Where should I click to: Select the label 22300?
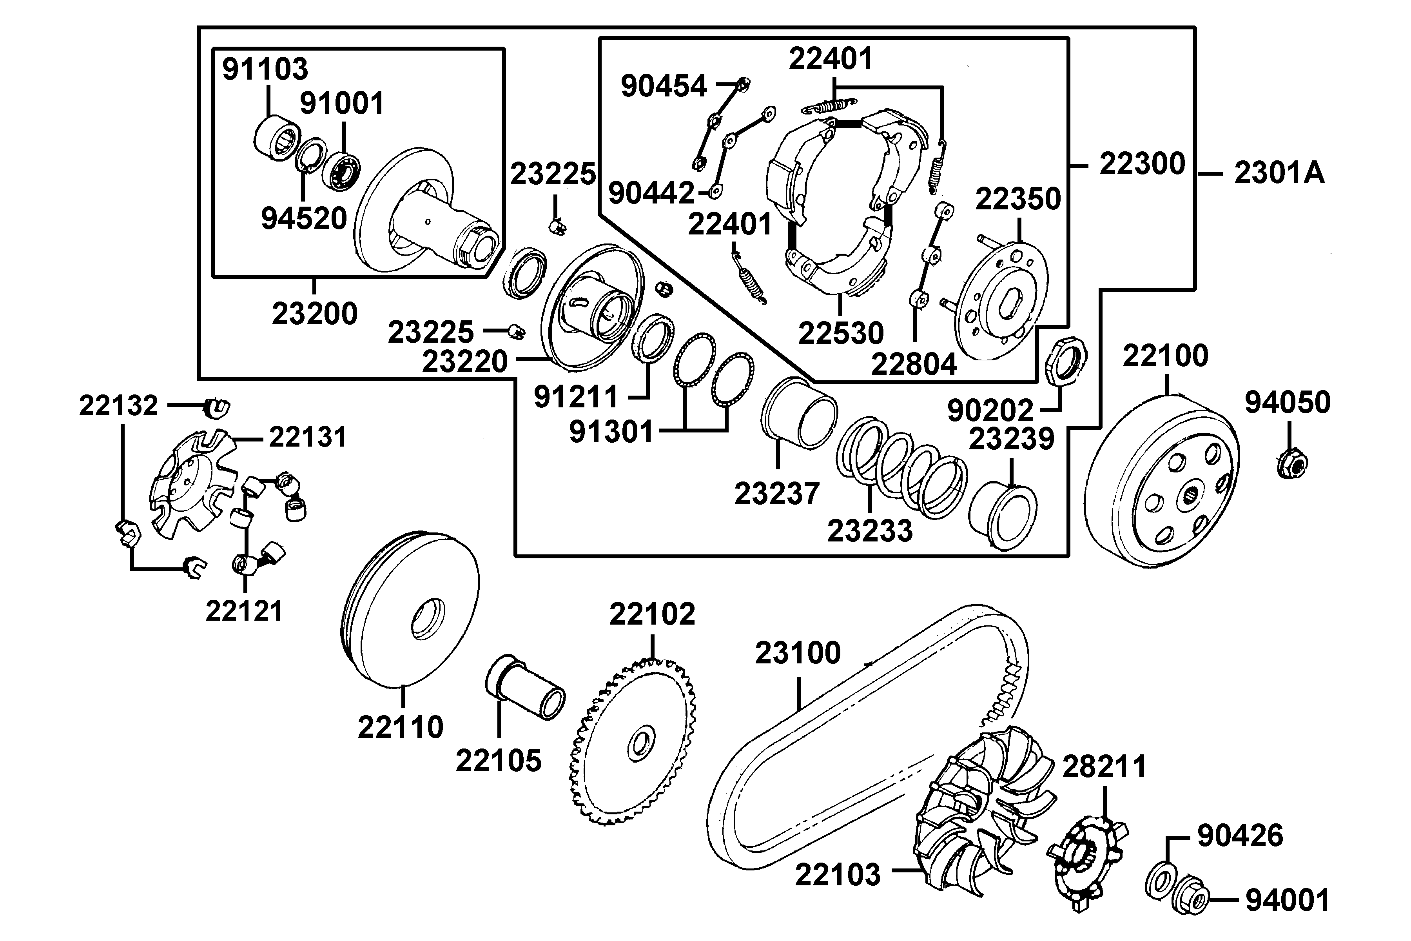point(1142,164)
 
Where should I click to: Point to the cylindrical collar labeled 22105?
point(524,687)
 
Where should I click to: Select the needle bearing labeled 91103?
point(276,138)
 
